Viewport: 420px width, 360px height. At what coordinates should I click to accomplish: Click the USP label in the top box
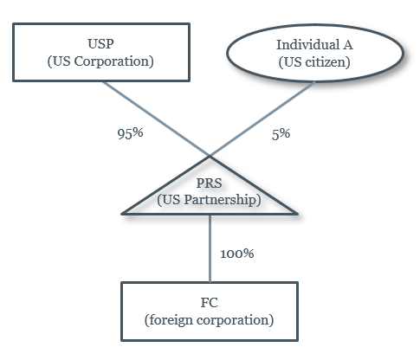click(x=100, y=44)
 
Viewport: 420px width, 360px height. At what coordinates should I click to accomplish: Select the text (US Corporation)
click(x=100, y=61)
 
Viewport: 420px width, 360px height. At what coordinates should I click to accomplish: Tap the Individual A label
click(x=314, y=45)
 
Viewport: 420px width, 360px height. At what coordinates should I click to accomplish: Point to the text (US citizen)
click(x=314, y=62)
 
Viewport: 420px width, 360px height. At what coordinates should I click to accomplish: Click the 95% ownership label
click(x=130, y=133)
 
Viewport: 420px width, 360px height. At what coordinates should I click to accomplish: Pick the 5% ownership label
click(x=281, y=134)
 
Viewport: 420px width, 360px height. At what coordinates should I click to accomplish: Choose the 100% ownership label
click(x=237, y=254)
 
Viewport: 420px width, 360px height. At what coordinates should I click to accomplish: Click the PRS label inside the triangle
click(x=210, y=183)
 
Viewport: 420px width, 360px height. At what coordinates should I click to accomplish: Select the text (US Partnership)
click(x=210, y=200)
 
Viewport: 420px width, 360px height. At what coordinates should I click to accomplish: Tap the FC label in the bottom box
click(x=210, y=303)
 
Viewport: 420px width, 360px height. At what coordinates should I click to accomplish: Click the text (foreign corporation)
click(x=210, y=320)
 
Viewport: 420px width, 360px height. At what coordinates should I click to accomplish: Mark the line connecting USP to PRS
click(x=157, y=119)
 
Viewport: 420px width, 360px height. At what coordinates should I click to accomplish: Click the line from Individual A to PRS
click(x=262, y=119)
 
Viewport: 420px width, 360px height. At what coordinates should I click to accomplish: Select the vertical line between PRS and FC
click(x=210, y=248)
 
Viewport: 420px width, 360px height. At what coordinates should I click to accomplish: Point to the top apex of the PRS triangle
click(x=210, y=157)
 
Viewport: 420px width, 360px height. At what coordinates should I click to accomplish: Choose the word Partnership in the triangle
click(x=223, y=200)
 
